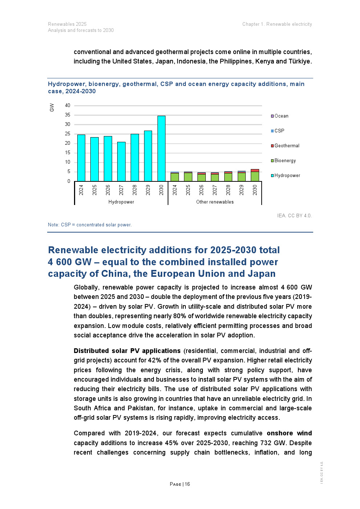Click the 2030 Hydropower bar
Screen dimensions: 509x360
(x=161, y=148)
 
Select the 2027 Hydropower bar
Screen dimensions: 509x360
(x=121, y=161)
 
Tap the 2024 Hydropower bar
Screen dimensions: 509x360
(x=81, y=158)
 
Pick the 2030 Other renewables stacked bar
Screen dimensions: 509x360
(x=255, y=175)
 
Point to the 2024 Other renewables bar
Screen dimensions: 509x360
(x=175, y=177)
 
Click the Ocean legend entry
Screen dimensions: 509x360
(x=280, y=116)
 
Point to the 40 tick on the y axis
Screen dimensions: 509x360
(x=68, y=106)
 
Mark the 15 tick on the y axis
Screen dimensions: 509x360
(x=68, y=153)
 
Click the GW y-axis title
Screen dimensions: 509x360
(x=52, y=107)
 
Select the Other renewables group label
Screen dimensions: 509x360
(x=215, y=202)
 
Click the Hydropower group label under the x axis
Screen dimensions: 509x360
(x=121, y=202)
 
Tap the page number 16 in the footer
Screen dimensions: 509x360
(x=187, y=484)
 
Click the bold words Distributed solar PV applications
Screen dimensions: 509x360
(x=127, y=351)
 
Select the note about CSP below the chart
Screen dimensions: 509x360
(x=90, y=225)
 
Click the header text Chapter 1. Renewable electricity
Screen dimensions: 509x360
(x=277, y=24)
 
